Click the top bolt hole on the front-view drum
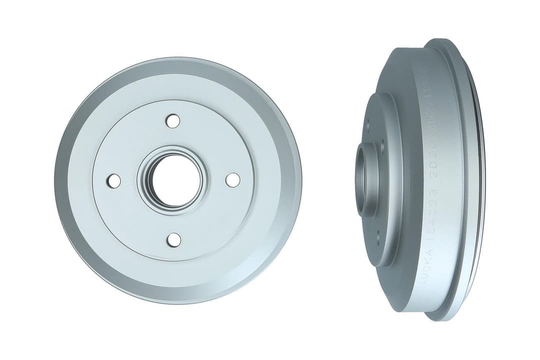tap(173, 120)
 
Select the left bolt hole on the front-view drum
tap(114, 180)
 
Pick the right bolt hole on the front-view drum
tap(233, 180)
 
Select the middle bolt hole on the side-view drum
tap(381, 145)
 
